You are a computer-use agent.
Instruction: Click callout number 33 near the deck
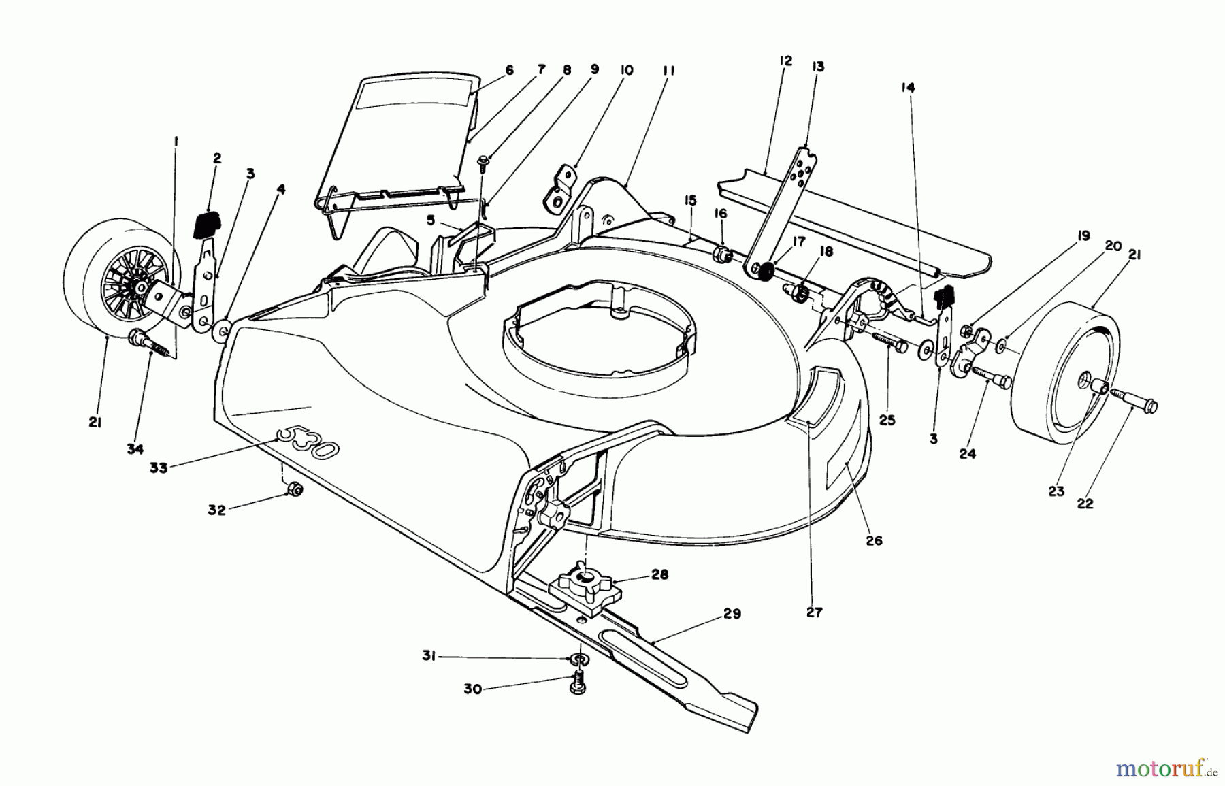point(159,468)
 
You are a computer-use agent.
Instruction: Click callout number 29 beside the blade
point(732,615)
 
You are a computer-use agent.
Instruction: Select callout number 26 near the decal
point(874,541)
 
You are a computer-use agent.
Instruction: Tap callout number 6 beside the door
point(509,70)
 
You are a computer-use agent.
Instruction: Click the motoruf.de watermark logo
point(1166,769)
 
